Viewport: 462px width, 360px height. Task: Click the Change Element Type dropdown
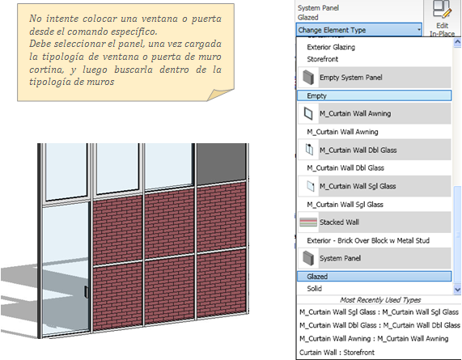[x=359, y=30]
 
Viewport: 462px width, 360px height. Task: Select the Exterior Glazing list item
[x=331, y=47]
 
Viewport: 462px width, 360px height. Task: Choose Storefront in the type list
[x=322, y=59]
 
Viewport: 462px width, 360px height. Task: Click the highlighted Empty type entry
[x=374, y=95]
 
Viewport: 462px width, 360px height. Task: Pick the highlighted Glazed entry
[x=374, y=277]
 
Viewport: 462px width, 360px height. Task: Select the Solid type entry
[x=315, y=289]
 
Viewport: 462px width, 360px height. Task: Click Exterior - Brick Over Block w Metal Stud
[x=368, y=241]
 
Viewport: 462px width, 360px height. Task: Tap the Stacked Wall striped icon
[x=308, y=222]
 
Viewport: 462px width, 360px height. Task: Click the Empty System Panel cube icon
[x=308, y=78]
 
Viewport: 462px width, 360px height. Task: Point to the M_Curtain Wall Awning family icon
[x=308, y=113]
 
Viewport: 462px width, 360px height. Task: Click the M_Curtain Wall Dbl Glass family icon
[x=309, y=150]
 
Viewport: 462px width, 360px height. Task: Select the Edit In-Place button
[x=443, y=19]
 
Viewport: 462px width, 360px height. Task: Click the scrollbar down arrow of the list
[x=457, y=290]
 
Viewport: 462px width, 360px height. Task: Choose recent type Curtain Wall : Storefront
[x=337, y=353]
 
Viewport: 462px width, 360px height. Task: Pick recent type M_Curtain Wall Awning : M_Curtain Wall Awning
[x=374, y=339]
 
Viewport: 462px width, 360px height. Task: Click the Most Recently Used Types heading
[x=380, y=300]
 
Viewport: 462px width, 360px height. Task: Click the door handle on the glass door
[x=86, y=292]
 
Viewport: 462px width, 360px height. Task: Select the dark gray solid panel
[x=221, y=164]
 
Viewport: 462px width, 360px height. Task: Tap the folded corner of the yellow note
[x=219, y=95]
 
